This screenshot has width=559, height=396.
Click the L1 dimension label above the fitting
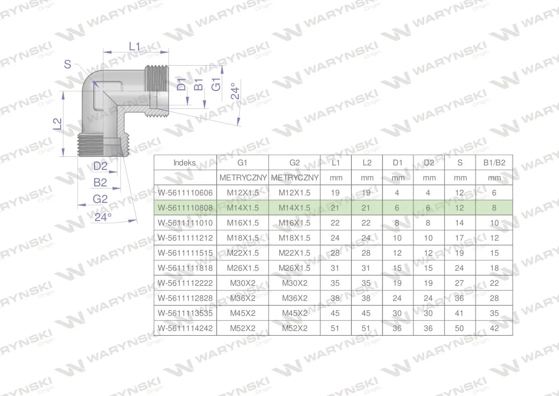(134, 47)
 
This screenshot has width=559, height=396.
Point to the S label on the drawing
(68, 64)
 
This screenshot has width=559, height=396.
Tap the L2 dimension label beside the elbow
(57, 124)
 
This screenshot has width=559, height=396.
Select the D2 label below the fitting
(101, 166)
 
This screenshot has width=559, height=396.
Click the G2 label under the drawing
(100, 199)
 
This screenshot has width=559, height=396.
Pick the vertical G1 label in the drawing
(216, 84)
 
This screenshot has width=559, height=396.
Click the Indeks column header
(185, 163)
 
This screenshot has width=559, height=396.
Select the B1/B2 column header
(494, 163)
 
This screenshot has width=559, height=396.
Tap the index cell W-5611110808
(185, 208)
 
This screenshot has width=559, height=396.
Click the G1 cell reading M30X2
(243, 283)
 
